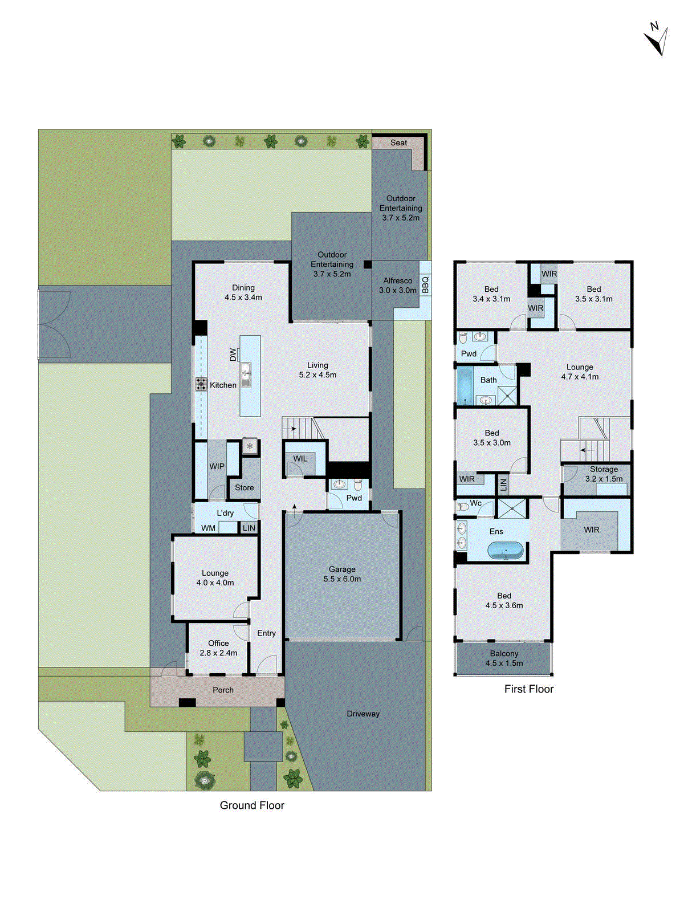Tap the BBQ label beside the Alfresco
425,284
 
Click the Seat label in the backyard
398,142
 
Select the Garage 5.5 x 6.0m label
342,574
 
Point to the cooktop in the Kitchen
201,384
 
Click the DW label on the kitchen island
233,355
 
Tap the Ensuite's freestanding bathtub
506,551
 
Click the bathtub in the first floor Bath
465,386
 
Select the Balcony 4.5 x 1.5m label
504,658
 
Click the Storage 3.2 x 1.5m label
604,474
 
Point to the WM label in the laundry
208,528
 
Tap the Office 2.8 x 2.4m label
218,648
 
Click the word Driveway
363,714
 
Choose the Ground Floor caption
252,805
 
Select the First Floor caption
529,689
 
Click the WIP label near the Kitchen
217,466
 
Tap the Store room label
245,487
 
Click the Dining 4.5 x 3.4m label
243,292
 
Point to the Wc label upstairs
476,503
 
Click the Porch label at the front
223,690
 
